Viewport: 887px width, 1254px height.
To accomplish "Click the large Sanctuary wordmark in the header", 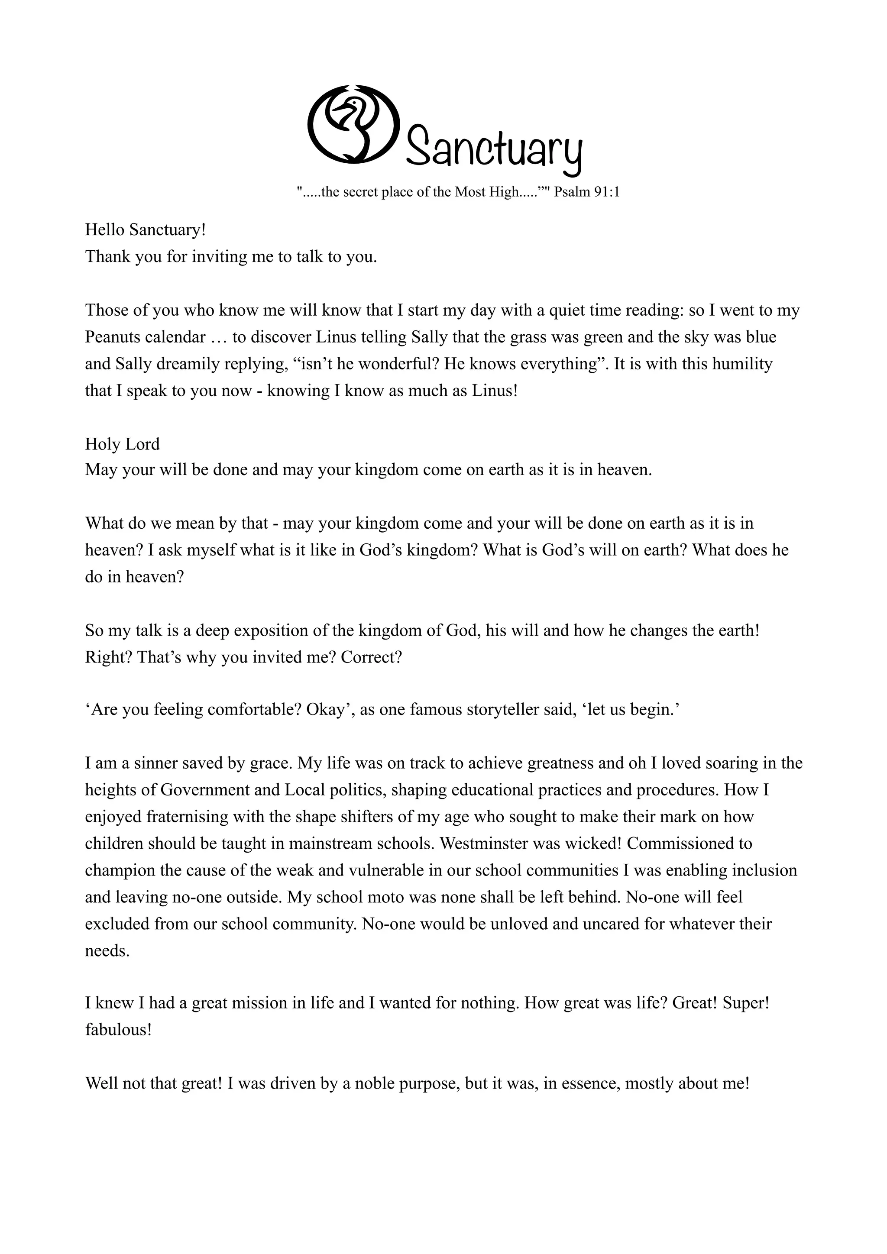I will click(x=494, y=148).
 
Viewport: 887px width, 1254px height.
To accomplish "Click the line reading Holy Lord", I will click(x=122, y=444).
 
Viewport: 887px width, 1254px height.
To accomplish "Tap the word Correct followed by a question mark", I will click(x=372, y=657).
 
